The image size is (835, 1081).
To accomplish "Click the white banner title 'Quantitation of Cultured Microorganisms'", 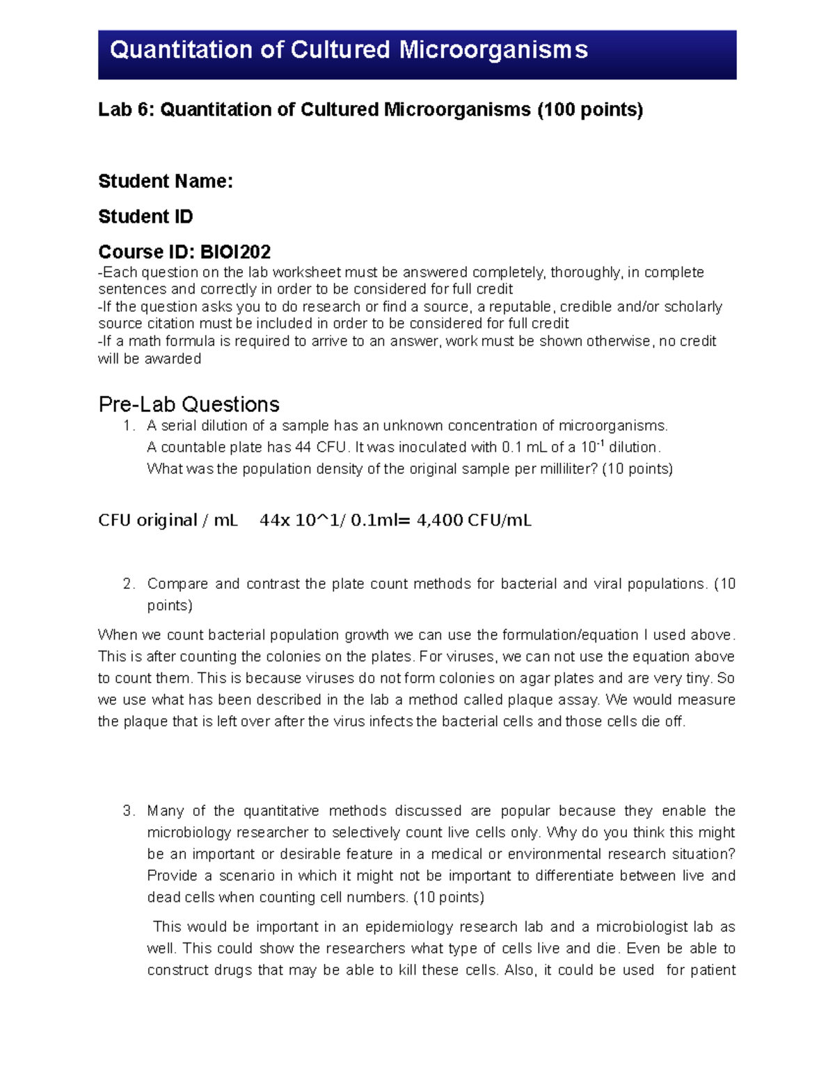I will (x=349, y=50).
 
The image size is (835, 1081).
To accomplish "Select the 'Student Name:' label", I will (x=166, y=182).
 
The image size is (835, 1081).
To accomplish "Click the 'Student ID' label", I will (x=145, y=217).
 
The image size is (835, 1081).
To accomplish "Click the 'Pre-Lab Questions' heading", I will (x=189, y=404).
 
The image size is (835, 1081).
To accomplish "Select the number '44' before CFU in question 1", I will (x=303, y=448).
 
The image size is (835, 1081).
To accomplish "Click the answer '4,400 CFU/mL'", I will (x=474, y=521).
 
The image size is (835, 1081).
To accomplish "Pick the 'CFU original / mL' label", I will (x=168, y=521).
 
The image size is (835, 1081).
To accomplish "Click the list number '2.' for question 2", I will (x=129, y=584).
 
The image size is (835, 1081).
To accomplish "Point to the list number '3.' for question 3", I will (x=129, y=811).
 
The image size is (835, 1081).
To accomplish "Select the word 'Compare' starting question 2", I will (x=177, y=584).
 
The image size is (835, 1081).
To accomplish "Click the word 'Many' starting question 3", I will (x=166, y=811).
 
